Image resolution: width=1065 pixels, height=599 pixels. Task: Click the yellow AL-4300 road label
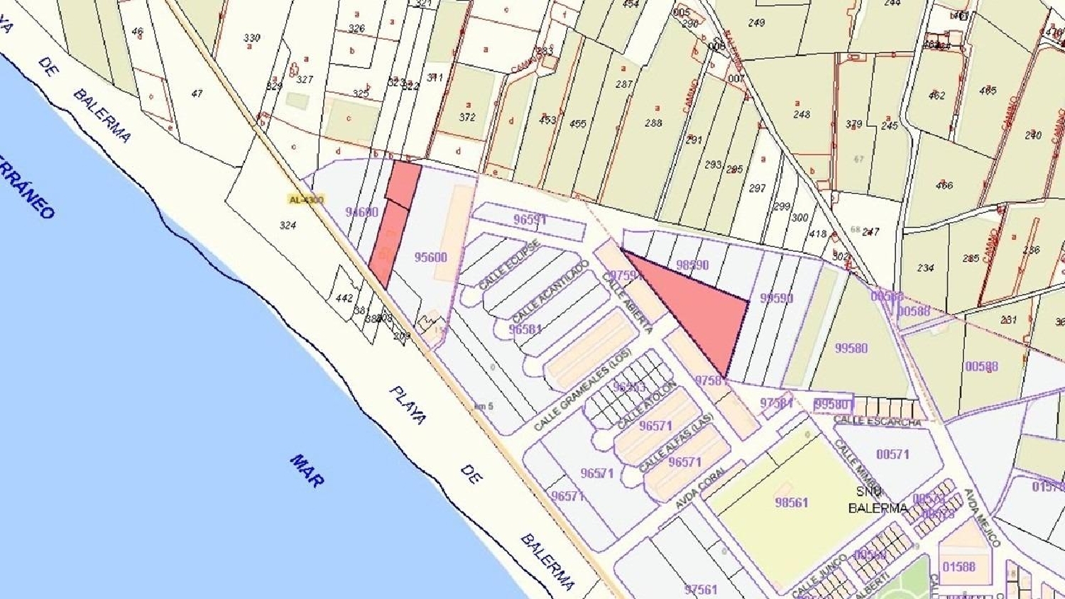point(306,199)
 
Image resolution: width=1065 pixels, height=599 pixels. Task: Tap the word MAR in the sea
point(307,471)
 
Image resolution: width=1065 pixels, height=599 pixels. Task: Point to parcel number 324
point(288,226)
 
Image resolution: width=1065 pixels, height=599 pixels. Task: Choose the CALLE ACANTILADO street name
point(550,292)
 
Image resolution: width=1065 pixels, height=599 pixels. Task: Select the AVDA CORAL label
point(701,487)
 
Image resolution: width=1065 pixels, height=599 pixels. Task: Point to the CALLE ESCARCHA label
point(877,421)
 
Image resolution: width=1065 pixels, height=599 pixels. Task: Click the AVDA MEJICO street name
point(981,517)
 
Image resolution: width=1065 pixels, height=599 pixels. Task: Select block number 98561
point(792,502)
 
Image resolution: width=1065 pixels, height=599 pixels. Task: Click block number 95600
point(430,257)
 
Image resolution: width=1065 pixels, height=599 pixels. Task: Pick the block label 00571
point(892,454)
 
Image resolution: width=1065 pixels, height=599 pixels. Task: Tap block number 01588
point(958,566)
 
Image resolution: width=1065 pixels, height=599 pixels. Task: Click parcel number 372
point(466,117)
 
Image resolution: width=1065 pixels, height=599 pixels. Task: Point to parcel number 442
point(344,298)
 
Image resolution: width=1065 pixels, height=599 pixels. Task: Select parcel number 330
point(251,38)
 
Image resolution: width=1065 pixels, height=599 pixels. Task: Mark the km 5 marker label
point(484,406)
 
